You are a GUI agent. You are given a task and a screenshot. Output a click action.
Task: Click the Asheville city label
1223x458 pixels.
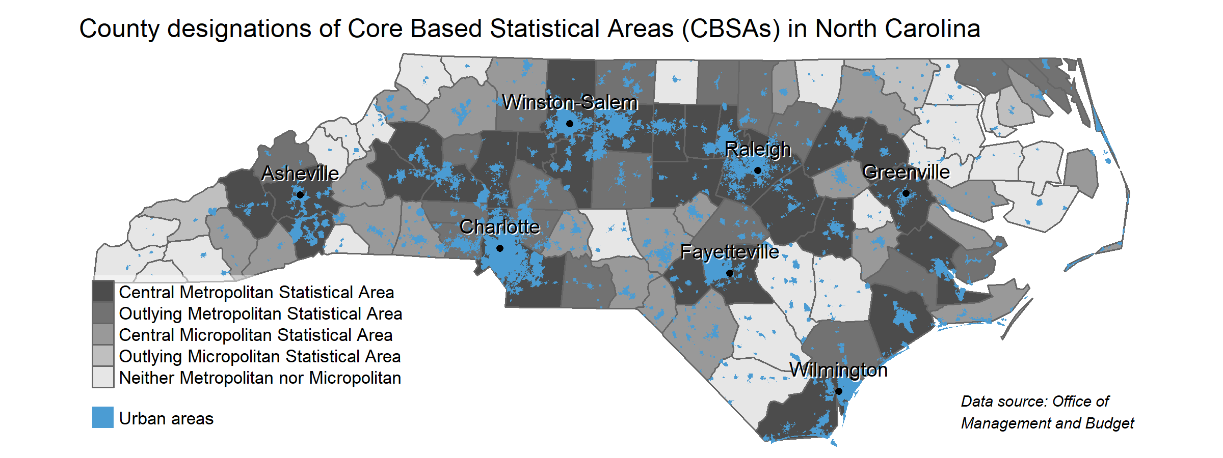(300, 174)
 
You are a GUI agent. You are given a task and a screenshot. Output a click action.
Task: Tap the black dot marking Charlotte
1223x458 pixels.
(500, 248)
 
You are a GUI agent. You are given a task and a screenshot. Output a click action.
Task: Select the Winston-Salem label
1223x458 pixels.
(570, 102)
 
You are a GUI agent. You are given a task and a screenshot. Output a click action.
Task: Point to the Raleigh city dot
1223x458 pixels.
(758, 170)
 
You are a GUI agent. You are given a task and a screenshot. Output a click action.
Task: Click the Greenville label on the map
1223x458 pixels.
(906, 173)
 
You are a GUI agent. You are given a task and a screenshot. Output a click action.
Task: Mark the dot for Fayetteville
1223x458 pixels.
(730, 273)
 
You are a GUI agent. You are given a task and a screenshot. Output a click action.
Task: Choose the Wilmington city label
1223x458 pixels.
(838, 370)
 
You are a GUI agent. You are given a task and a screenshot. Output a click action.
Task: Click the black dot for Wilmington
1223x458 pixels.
(839, 391)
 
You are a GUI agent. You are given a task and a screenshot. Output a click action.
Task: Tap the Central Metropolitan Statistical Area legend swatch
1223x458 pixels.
(103, 292)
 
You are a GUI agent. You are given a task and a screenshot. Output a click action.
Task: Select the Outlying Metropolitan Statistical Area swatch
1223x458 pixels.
(103, 313)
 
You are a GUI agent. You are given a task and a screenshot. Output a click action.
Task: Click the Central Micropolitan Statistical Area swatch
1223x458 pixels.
(103, 335)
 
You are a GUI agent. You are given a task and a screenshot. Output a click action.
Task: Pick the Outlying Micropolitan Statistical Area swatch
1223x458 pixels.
(103, 356)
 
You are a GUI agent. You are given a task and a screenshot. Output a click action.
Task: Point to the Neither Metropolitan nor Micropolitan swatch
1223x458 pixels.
(103, 378)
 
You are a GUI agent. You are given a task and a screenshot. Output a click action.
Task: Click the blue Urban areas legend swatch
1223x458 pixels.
(103, 418)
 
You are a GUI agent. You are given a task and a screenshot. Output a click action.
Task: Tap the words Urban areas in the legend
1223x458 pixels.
(166, 419)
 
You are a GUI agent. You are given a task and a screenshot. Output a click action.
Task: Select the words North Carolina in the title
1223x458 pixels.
(897, 29)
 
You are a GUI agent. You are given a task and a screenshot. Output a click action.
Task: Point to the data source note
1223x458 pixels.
(1047, 412)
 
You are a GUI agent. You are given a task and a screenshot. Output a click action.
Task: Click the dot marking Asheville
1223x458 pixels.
(300, 195)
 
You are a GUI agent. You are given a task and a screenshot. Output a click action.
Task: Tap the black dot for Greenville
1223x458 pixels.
(906, 193)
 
